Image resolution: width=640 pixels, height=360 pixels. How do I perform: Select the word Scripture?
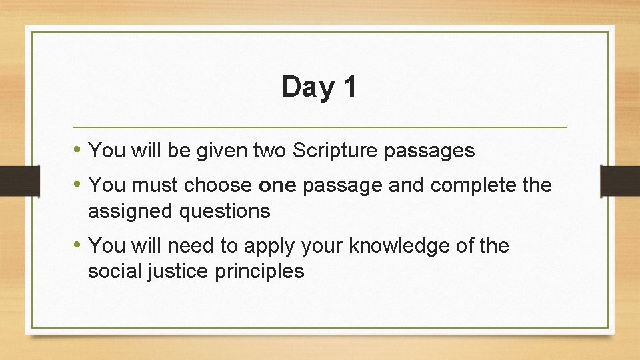pyautogui.click(x=336, y=151)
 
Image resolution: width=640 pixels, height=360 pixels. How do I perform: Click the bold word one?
pyautogui.click(x=277, y=185)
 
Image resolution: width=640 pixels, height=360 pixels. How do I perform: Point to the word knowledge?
pyautogui.click(x=397, y=246)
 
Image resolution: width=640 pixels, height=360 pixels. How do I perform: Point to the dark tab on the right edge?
pyautogui.click(x=620, y=180)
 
